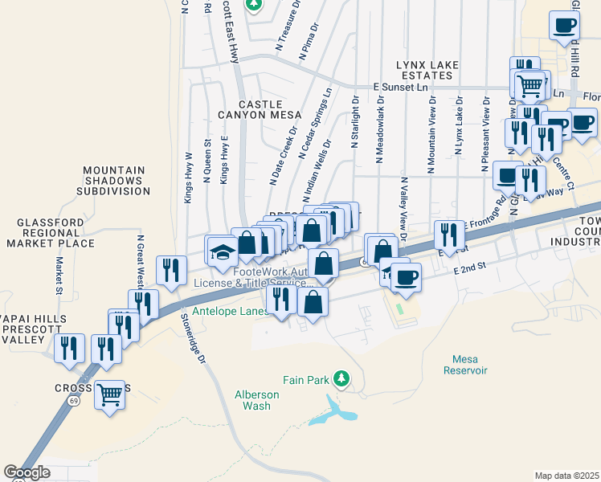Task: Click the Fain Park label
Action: point(306,378)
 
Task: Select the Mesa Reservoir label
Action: point(465,365)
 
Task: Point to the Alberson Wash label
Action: point(256,400)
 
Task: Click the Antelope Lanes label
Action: point(227,311)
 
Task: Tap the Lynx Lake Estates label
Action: point(424,69)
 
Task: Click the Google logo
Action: point(27,472)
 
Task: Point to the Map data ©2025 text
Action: point(566,476)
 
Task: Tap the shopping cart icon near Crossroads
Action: point(110,394)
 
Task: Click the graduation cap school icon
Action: point(222,251)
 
